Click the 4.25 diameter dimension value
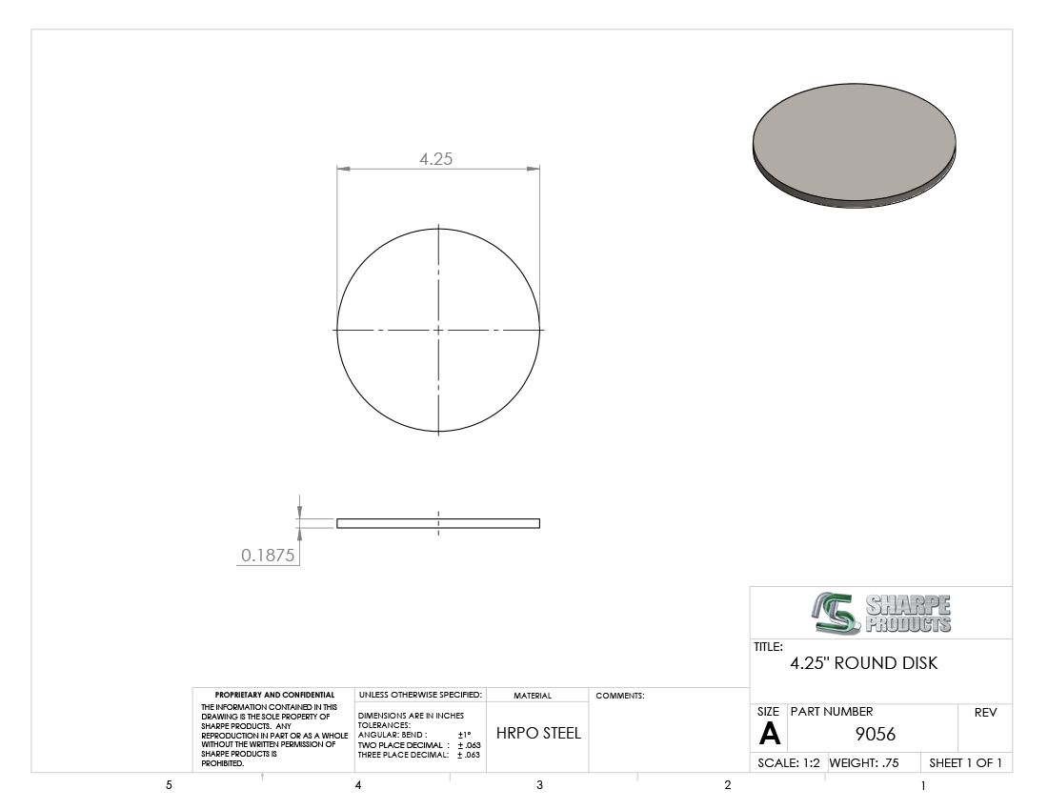click(435, 158)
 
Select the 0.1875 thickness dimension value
click(268, 555)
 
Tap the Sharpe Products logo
click(881, 613)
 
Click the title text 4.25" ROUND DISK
click(863, 663)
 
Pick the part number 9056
click(875, 734)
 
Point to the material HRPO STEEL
click(538, 733)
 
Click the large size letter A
click(769, 734)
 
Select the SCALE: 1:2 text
click(789, 762)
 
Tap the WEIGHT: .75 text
click(864, 762)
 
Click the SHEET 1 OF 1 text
click(965, 762)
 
